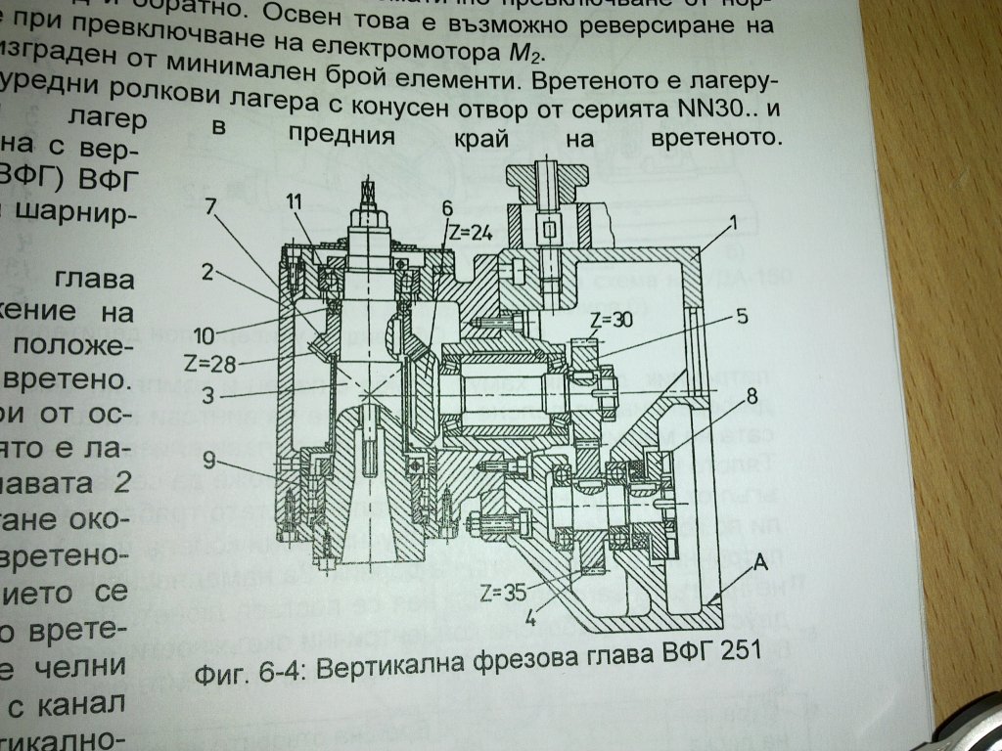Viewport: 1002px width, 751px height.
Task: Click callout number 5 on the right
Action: pyautogui.click(x=743, y=315)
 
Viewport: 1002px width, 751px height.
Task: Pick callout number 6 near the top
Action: pyautogui.click(x=446, y=207)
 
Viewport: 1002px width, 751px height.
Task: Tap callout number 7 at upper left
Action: pyautogui.click(x=211, y=205)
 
